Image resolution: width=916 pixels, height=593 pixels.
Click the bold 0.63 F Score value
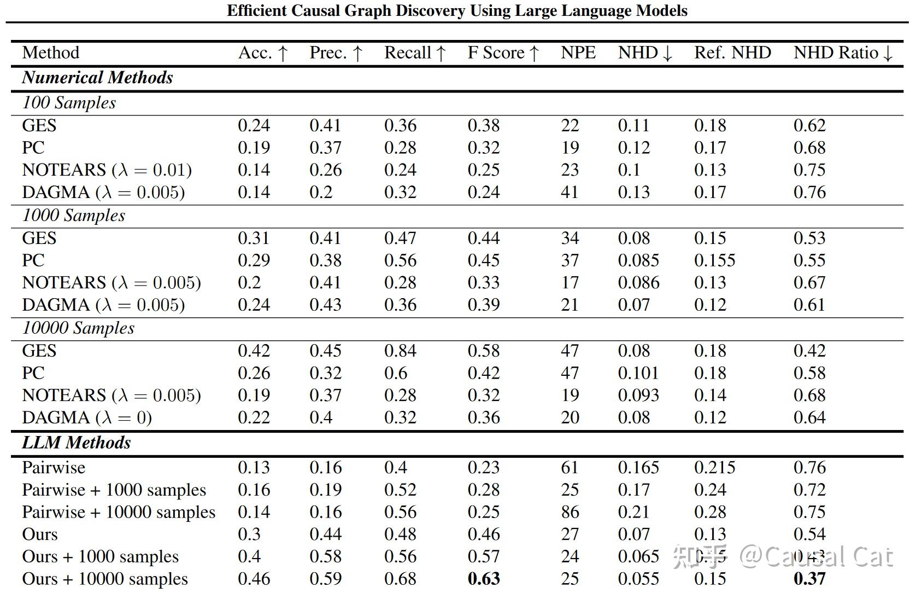tap(483, 578)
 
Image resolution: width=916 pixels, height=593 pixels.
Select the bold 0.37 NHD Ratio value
tap(809, 578)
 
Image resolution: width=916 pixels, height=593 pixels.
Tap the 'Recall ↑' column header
tap(415, 53)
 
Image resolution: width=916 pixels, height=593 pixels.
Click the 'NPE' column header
tap(578, 53)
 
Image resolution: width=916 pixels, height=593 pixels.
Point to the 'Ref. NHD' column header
tap(732, 53)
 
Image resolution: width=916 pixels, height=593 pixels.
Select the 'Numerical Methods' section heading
tap(97, 78)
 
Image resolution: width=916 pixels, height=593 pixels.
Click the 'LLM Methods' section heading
tap(77, 443)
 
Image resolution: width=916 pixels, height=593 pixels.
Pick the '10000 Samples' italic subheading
tap(78, 328)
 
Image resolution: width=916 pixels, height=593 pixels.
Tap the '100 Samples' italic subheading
tap(69, 103)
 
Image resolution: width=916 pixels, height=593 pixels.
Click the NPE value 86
tap(569, 511)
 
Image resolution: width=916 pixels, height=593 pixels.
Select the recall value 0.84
tap(400, 350)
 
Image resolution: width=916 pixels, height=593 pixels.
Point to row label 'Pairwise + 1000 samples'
tap(114, 490)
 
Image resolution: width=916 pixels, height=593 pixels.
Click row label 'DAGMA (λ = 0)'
tap(86, 417)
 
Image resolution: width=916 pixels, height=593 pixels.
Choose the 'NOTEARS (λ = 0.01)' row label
tap(107, 170)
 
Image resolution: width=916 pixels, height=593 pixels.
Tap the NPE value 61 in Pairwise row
tap(569, 467)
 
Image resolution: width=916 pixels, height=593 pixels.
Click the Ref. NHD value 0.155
tap(714, 260)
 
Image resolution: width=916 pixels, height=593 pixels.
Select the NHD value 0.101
tap(638, 373)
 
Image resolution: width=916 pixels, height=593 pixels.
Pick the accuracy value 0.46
tap(254, 578)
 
